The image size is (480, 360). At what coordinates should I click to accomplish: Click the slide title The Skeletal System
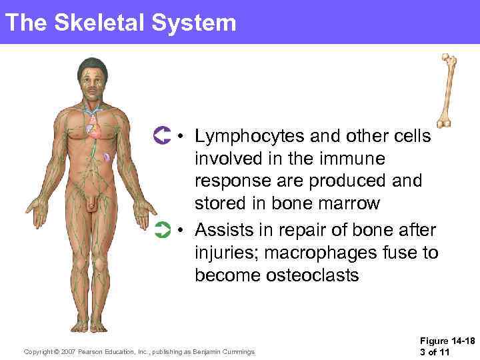coord(120,23)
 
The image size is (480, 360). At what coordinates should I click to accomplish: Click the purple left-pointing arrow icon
coord(162,136)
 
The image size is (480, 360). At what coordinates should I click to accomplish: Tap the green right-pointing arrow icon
coord(162,231)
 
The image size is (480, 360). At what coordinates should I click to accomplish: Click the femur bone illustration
coord(448,90)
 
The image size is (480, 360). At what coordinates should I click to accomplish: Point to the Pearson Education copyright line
coord(139,351)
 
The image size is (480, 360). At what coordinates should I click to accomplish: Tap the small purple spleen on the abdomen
coord(107,158)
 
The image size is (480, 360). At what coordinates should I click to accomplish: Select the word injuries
coord(223,253)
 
